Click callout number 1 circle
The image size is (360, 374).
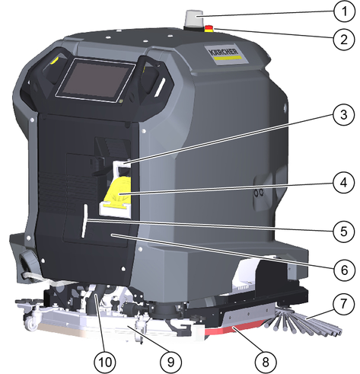(344, 11)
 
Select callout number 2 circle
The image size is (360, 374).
(344, 40)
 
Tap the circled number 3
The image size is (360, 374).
(344, 114)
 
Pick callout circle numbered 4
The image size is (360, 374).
(344, 183)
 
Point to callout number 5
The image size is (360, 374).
(344, 231)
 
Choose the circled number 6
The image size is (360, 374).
(344, 270)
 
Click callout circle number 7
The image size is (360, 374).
(344, 304)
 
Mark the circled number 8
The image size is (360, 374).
(266, 361)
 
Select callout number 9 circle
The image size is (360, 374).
(171, 361)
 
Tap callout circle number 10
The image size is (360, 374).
(105, 361)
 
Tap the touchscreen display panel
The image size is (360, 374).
(95, 80)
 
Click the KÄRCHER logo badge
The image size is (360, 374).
(224, 53)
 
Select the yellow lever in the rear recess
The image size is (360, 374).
(119, 193)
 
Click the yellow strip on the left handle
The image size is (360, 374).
(55, 60)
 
